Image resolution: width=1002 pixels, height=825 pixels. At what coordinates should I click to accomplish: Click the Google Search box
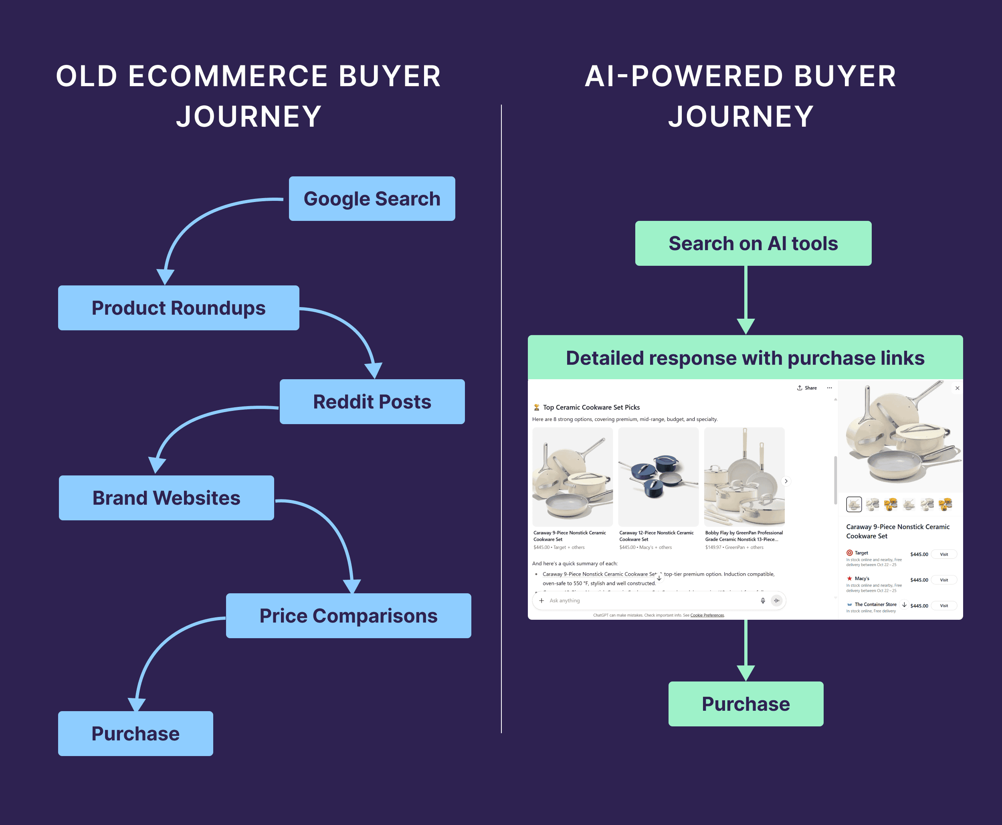click(x=372, y=199)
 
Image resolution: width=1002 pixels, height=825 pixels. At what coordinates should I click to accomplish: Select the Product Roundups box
click(x=178, y=308)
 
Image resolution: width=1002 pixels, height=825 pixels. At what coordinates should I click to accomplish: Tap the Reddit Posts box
click(x=372, y=402)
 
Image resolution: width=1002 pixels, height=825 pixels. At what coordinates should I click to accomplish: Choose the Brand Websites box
click(x=166, y=498)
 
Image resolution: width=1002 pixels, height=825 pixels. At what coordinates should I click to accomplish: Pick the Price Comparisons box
click(x=348, y=616)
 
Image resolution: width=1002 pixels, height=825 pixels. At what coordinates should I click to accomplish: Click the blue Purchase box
click(x=135, y=734)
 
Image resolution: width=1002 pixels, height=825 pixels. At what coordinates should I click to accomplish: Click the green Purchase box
click(x=745, y=704)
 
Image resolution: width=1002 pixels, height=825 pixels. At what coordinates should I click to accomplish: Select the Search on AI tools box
click(x=753, y=243)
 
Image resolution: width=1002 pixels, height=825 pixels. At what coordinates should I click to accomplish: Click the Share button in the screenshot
click(x=807, y=388)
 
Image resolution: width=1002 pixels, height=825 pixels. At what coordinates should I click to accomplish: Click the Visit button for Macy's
click(x=943, y=580)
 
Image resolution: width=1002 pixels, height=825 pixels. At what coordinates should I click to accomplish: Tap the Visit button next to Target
click(x=943, y=554)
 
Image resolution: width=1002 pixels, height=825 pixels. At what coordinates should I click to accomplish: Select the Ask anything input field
click(x=651, y=601)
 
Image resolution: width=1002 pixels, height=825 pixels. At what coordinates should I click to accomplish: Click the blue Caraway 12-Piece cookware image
click(x=658, y=477)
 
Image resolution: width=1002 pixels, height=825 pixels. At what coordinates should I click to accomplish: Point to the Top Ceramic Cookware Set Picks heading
click(x=591, y=407)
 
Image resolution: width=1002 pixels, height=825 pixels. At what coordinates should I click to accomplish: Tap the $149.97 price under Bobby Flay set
click(x=713, y=548)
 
